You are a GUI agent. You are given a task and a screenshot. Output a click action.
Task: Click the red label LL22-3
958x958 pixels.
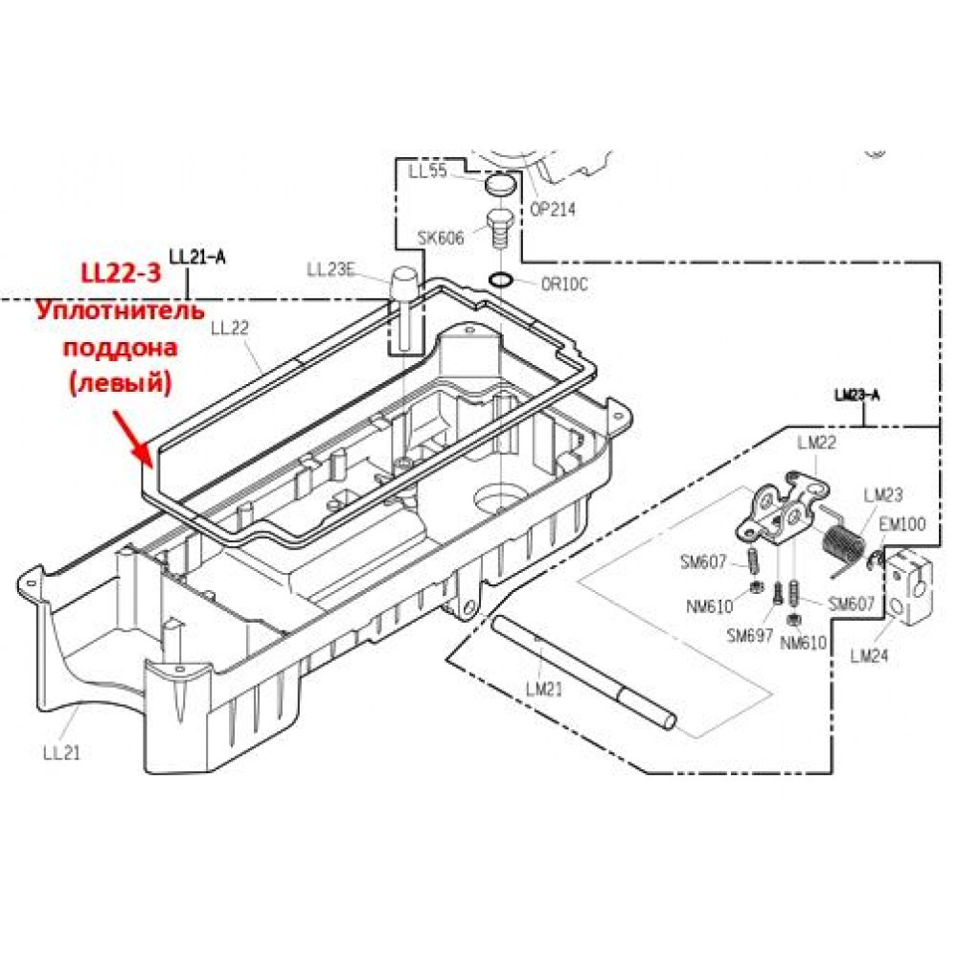(x=122, y=272)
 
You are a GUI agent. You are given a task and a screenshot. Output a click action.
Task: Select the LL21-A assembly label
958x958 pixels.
(x=197, y=257)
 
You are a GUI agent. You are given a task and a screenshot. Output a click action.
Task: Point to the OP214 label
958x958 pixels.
(x=553, y=209)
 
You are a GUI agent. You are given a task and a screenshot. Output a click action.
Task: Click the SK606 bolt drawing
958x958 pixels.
(x=499, y=229)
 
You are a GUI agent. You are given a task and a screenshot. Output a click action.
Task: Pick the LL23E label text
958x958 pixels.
(x=331, y=269)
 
